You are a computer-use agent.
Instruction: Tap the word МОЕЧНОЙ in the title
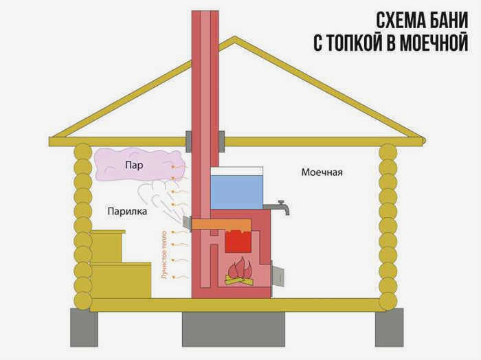(427, 43)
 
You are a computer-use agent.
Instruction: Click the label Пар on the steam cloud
(134, 166)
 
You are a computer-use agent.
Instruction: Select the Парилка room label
(127, 212)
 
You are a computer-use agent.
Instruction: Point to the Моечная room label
(322, 172)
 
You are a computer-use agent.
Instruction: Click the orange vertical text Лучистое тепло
(164, 254)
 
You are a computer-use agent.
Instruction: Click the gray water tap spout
(277, 207)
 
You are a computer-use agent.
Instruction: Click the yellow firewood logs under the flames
(240, 280)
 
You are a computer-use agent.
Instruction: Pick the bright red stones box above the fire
(238, 241)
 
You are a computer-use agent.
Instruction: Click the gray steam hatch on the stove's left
(187, 222)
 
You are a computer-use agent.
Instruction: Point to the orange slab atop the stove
(221, 225)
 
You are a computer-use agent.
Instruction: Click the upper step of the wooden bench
(108, 246)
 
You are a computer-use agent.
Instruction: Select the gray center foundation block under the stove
(234, 329)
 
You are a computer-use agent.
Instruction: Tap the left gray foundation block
(84, 328)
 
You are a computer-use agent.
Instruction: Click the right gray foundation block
(390, 328)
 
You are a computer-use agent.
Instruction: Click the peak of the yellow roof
(235, 38)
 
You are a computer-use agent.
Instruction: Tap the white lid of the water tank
(236, 171)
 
